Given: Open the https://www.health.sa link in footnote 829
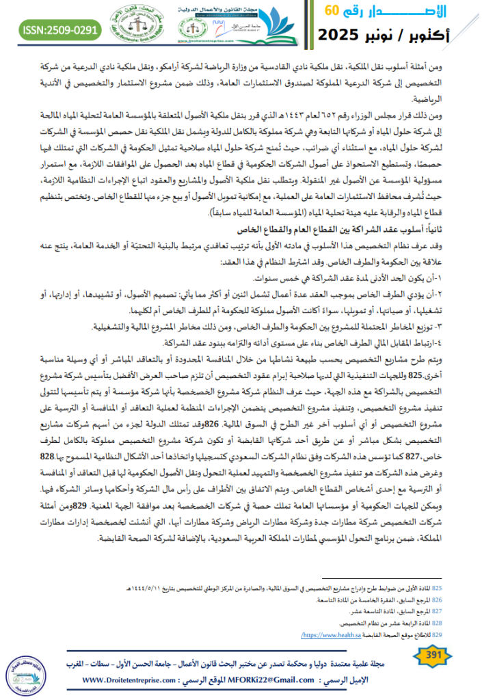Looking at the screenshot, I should [325, 636].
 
